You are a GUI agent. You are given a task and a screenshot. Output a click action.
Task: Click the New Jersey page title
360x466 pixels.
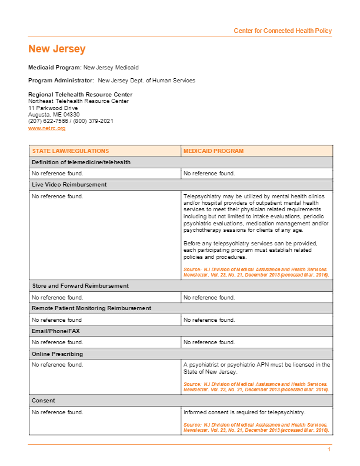(57, 49)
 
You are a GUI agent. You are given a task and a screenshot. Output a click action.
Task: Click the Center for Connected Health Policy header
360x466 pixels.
(282, 31)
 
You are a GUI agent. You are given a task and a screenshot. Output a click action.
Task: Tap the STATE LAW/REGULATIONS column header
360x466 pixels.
(71, 151)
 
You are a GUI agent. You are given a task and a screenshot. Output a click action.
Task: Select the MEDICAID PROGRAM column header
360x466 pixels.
(213, 151)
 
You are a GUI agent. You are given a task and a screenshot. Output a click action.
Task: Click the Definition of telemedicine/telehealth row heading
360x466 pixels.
(81, 162)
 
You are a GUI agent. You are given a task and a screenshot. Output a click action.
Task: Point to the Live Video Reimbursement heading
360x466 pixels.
(69, 185)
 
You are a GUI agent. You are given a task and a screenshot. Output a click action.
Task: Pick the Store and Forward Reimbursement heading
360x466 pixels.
(80, 286)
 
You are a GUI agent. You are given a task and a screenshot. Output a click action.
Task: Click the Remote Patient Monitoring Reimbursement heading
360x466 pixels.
(91, 308)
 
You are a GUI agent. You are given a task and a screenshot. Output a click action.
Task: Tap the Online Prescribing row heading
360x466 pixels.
(57, 354)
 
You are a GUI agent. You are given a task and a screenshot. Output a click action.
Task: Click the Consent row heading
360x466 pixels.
(44, 401)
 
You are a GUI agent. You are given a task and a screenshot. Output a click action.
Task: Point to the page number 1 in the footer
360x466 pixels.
(329, 450)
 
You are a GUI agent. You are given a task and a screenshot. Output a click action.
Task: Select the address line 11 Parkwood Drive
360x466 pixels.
(53, 108)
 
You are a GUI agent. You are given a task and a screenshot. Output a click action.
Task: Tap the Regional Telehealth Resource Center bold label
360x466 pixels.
(80, 95)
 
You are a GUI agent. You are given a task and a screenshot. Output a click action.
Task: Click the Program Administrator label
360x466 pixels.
(61, 81)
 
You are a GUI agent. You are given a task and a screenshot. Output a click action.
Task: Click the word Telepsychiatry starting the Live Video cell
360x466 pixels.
(201, 197)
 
